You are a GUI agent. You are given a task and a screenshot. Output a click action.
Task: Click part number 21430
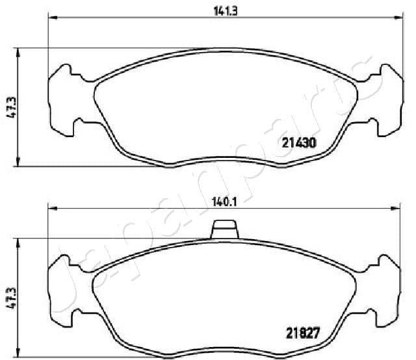tap(298, 144)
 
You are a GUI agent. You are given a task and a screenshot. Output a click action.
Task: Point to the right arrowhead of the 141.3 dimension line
tap(393, 16)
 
